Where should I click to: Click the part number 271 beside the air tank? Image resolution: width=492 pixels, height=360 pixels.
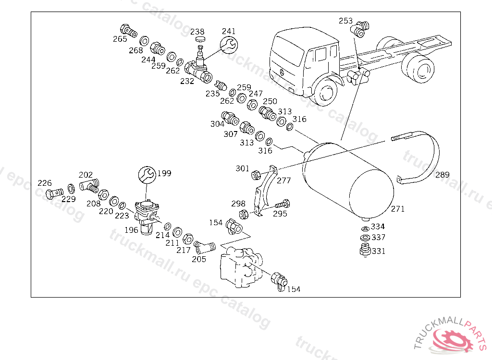coord(397,209)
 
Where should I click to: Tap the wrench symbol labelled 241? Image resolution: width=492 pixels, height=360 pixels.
coord(229,45)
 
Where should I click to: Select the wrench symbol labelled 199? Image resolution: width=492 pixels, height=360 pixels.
coord(147,175)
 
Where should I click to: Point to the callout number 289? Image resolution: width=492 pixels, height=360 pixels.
coord(442,175)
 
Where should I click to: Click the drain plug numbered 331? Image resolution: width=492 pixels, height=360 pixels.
coord(365,250)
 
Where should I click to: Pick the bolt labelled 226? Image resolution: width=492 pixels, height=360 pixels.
coord(54,193)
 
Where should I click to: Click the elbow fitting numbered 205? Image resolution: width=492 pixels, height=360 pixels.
coord(204,247)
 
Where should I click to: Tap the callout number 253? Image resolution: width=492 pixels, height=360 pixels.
coord(345,21)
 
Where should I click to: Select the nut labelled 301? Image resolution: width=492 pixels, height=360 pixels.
coord(256,175)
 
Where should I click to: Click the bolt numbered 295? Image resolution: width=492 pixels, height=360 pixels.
coord(283,204)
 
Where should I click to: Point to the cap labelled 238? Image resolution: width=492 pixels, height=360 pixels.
coord(200,39)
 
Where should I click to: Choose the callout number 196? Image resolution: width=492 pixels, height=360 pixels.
coord(131,230)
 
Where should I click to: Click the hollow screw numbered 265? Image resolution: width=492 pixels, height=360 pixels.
coord(129,31)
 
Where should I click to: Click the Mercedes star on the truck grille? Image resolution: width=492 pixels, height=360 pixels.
coord(282,72)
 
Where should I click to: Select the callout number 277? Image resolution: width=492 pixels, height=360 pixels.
coord(283,180)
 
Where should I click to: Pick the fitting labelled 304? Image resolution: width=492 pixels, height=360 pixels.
coord(230,118)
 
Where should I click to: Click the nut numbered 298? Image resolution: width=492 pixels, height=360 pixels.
coord(244,215)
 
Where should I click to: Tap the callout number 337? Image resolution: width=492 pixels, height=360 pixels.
coord(379,238)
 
